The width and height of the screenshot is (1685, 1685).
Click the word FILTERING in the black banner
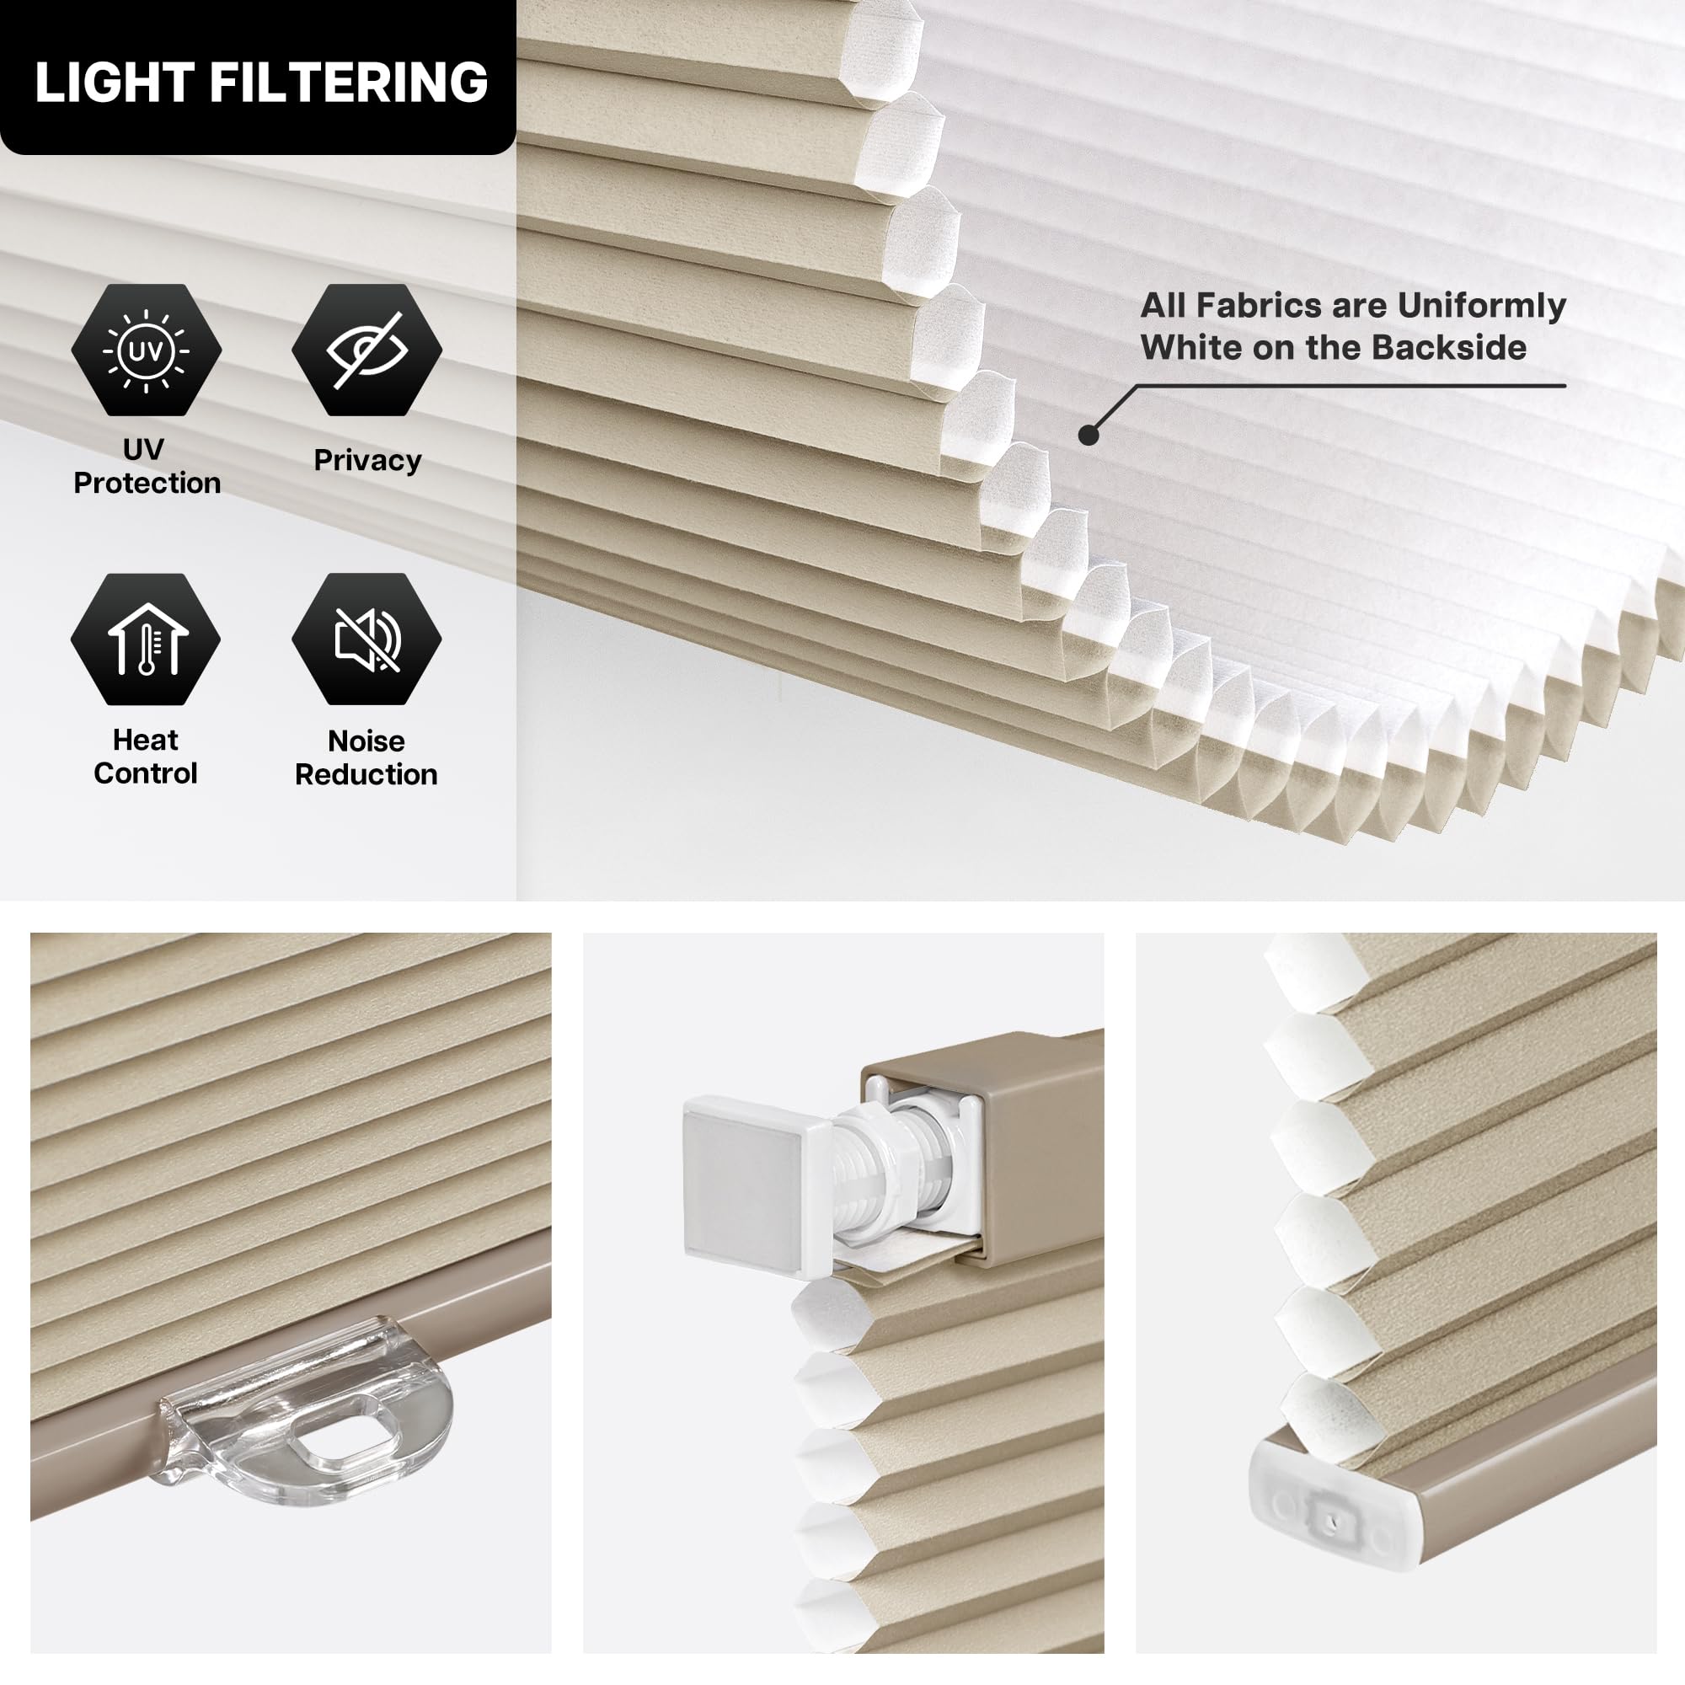[x=348, y=83]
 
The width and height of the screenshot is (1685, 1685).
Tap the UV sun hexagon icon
[x=147, y=350]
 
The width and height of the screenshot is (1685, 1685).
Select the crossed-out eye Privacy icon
[x=367, y=350]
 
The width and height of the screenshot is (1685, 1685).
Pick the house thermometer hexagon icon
[x=146, y=639]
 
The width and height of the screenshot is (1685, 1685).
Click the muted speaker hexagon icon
[x=367, y=639]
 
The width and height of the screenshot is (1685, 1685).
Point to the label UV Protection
[x=147, y=466]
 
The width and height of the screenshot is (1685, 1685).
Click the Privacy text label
[x=367, y=461]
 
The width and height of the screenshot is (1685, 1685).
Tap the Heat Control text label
[x=146, y=757]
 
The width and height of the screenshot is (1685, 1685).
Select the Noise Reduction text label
[x=366, y=757]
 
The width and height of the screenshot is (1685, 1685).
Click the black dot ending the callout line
[x=1089, y=435]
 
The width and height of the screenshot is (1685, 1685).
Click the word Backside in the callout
[x=1449, y=348]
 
